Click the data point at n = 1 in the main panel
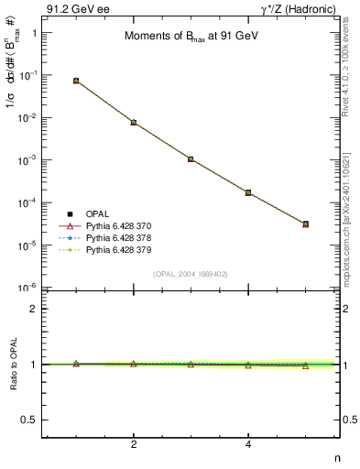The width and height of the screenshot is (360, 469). (x=76, y=81)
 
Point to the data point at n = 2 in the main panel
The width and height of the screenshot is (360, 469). (x=134, y=122)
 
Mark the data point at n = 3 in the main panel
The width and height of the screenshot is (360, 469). (x=191, y=158)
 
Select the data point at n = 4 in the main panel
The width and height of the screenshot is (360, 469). (x=248, y=192)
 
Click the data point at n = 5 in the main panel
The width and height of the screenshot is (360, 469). (x=305, y=224)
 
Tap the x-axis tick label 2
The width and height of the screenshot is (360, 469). (x=134, y=444)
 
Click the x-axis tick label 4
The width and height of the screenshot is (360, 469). (x=248, y=444)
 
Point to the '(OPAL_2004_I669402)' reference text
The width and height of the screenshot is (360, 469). (x=191, y=274)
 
